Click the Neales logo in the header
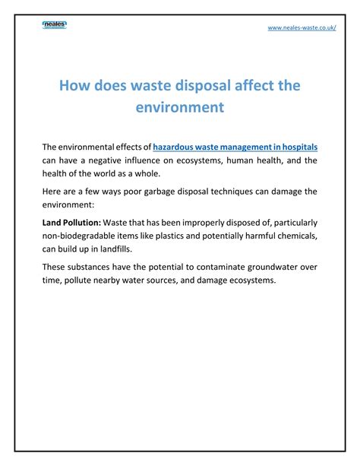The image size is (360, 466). [x=55, y=26]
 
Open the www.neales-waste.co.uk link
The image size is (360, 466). [x=302, y=28]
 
